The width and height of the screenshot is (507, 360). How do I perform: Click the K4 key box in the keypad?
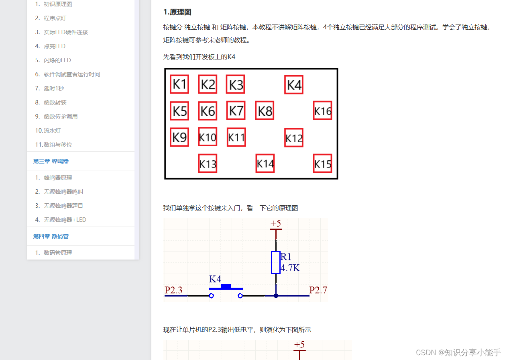[x=294, y=85]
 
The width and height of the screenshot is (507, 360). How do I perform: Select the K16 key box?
[x=322, y=110]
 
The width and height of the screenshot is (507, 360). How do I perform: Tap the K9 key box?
[x=179, y=137]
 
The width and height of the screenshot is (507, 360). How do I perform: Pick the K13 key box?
[x=208, y=164]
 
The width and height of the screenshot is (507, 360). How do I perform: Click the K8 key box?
[x=265, y=110]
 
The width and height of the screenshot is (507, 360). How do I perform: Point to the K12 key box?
[x=294, y=138]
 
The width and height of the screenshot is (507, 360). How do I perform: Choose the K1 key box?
[x=179, y=84]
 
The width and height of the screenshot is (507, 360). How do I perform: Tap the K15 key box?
[x=322, y=164]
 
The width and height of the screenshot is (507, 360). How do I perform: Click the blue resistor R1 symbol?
[x=276, y=262]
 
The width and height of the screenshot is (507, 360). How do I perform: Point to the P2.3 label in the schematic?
[x=173, y=290]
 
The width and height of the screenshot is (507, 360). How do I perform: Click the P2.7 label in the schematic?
[x=318, y=290]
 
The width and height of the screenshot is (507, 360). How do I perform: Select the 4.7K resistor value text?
[x=291, y=268]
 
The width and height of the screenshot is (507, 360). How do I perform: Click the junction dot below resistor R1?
[x=276, y=296]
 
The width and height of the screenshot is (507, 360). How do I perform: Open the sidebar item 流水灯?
[x=52, y=131]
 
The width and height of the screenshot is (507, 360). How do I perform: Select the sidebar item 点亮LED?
[x=54, y=46]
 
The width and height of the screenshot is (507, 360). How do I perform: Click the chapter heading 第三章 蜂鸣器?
[x=51, y=161]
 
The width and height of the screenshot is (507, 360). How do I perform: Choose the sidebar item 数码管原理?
[x=58, y=253]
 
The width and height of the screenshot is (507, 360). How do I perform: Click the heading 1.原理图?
[x=177, y=12]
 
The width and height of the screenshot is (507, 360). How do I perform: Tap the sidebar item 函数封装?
[x=55, y=102]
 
